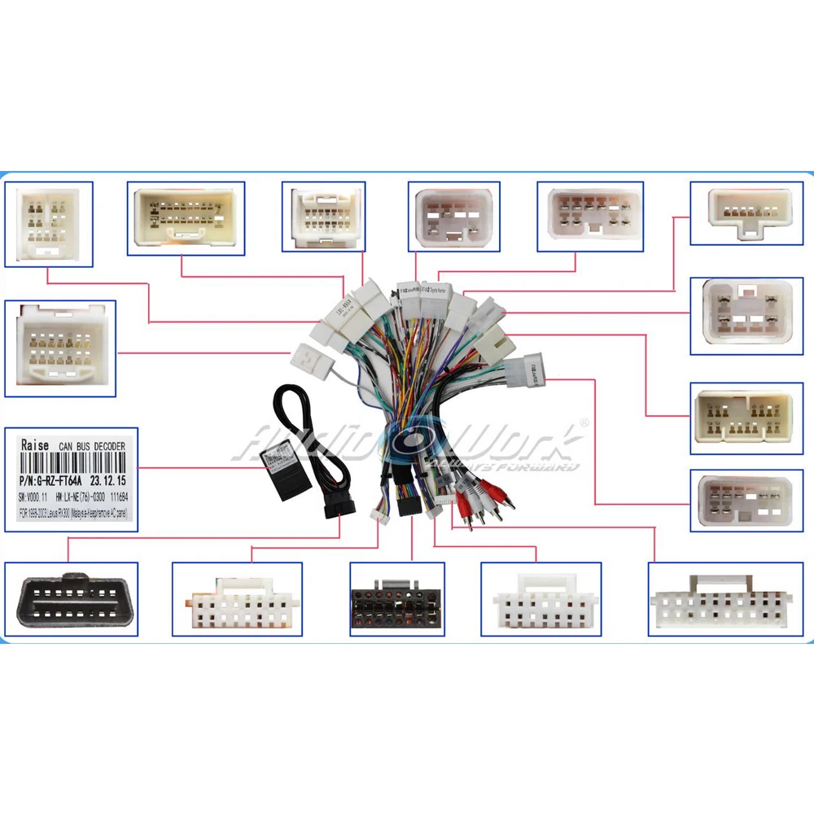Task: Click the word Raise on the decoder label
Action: coord(35,446)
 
